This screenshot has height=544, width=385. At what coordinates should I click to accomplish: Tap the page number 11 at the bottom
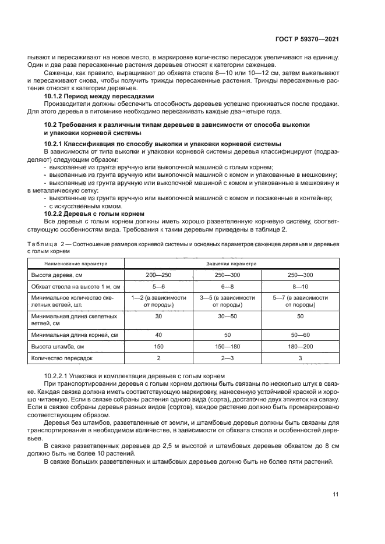[335, 495]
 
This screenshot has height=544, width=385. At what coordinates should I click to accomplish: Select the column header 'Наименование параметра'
[75, 263]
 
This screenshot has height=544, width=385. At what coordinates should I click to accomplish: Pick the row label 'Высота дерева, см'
[58, 274]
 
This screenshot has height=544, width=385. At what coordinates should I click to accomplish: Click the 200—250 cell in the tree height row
[159, 274]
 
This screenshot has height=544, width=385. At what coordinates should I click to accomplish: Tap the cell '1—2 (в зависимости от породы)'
[159, 301]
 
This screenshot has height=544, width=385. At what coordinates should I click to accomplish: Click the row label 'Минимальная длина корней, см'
[73, 335]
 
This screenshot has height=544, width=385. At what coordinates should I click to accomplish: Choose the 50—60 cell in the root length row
[301, 335]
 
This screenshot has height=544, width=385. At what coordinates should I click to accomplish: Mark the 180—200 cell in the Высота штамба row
[301, 347]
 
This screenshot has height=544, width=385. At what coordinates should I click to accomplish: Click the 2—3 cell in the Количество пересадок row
[228, 358]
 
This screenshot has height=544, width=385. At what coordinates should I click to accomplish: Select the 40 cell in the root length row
[159, 335]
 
